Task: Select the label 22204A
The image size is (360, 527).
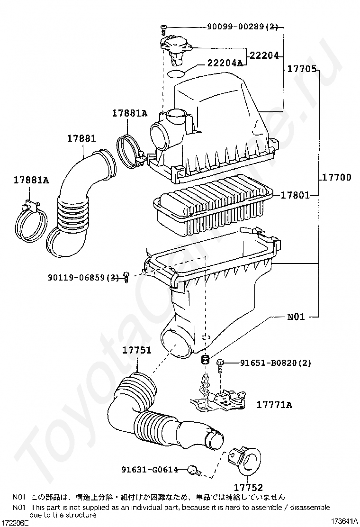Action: (x=225, y=63)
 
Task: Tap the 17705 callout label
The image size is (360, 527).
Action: (x=302, y=69)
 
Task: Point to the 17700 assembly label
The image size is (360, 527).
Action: (x=336, y=177)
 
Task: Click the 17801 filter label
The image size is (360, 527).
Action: (x=295, y=195)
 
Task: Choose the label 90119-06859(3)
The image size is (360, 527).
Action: (x=83, y=278)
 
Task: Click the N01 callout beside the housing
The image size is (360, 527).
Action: (x=296, y=316)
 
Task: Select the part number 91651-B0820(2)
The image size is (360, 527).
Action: (x=275, y=363)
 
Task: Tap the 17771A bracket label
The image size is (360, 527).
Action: (x=274, y=405)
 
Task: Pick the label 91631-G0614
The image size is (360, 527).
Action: (x=150, y=470)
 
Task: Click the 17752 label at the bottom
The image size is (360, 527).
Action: (x=248, y=487)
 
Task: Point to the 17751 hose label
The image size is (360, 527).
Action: (x=136, y=350)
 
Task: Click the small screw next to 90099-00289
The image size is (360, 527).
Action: (x=163, y=30)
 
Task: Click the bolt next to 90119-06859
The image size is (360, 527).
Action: (x=126, y=277)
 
